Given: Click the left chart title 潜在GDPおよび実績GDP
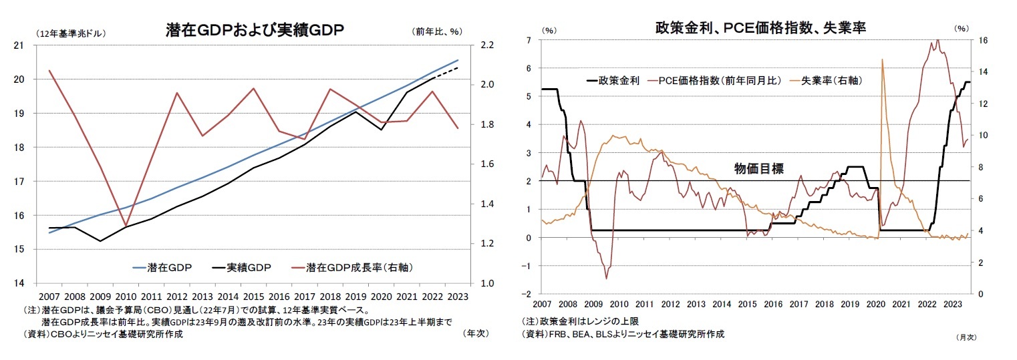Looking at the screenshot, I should click(255, 29).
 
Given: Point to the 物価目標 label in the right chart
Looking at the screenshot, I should click(758, 170).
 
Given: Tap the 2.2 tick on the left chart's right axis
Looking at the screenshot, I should click(486, 45).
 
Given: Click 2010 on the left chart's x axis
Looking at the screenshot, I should click(126, 297).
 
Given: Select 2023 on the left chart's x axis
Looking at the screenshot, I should click(459, 297).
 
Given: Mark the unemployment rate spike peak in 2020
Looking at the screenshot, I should click(882, 59).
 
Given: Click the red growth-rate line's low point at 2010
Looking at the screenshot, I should click(126, 226).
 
